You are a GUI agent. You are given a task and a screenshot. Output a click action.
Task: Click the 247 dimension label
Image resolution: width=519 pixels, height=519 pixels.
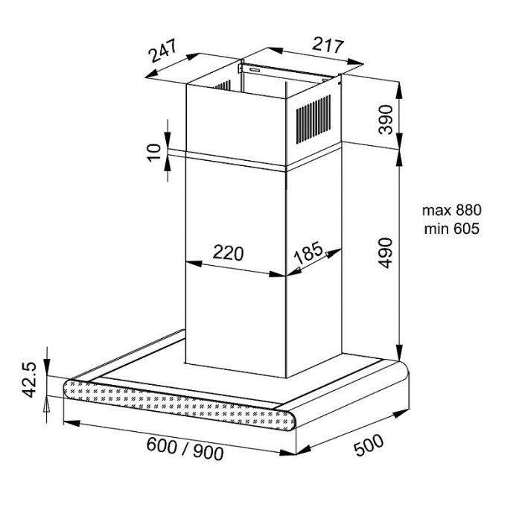(x=163, y=51)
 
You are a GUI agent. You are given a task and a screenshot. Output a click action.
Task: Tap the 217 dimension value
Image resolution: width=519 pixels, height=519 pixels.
(x=328, y=45)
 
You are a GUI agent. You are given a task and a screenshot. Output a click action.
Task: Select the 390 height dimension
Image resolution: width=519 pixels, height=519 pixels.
(x=385, y=119)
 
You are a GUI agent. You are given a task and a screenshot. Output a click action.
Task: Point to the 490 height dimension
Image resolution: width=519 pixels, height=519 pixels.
(x=385, y=252)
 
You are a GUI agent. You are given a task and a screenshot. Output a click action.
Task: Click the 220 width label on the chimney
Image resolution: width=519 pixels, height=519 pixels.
(x=228, y=253)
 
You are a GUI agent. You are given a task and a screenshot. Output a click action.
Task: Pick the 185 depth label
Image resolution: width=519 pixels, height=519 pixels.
(x=308, y=252)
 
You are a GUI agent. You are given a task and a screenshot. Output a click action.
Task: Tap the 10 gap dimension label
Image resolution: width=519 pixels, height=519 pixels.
(x=154, y=153)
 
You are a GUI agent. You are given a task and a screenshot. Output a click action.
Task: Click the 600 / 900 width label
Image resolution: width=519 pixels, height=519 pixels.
(x=185, y=448)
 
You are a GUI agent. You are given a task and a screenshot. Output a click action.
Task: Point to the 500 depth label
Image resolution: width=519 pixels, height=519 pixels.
(x=369, y=445)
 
